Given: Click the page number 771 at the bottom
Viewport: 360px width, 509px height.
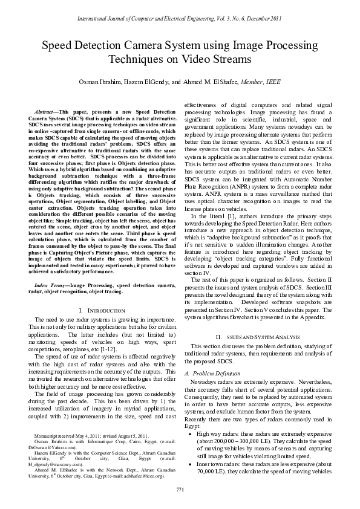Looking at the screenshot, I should tap(180, 488).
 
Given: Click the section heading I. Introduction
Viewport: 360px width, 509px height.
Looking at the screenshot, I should tap(93, 310).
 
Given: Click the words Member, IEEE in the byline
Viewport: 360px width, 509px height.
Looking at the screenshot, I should tap(266, 81).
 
